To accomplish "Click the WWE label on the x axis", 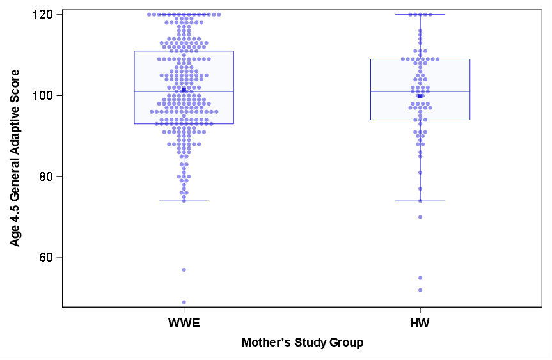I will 184,323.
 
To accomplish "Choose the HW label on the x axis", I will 420,323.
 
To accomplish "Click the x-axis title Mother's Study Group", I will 302,343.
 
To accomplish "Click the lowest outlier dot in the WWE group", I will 184,302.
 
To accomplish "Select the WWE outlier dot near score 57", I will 184,270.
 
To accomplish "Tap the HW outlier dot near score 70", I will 420,217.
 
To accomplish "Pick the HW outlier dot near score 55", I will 420,278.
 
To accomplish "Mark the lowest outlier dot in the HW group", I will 420,290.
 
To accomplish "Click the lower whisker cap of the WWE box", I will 184,201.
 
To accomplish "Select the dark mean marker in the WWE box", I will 184,90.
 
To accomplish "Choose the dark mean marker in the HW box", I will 420,96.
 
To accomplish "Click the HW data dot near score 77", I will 420,189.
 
